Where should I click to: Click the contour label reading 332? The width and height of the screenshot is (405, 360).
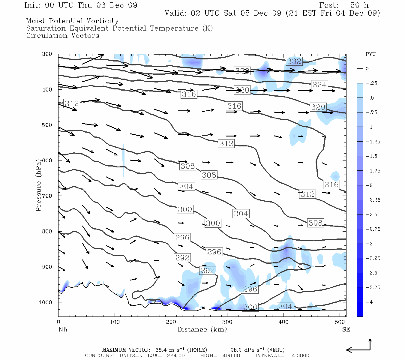[x=294, y=61]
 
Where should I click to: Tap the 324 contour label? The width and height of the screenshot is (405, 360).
[x=319, y=85]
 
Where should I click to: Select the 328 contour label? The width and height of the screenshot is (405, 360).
[x=242, y=71]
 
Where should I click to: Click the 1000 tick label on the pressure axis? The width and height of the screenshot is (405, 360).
[x=46, y=302]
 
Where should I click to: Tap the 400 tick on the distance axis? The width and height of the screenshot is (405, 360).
[x=283, y=322]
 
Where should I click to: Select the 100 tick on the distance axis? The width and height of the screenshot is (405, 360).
[x=115, y=322]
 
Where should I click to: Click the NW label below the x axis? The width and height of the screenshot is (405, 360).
[x=63, y=329]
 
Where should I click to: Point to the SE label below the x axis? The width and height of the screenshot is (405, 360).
[x=346, y=329]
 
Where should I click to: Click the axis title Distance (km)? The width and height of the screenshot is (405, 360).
[x=202, y=329]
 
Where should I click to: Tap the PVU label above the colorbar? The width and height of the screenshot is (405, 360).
[x=370, y=54]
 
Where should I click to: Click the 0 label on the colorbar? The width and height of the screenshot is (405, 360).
[x=367, y=69]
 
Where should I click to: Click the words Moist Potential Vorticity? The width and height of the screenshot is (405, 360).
[x=72, y=21]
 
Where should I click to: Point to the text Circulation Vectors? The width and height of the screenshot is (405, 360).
[x=62, y=36]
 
